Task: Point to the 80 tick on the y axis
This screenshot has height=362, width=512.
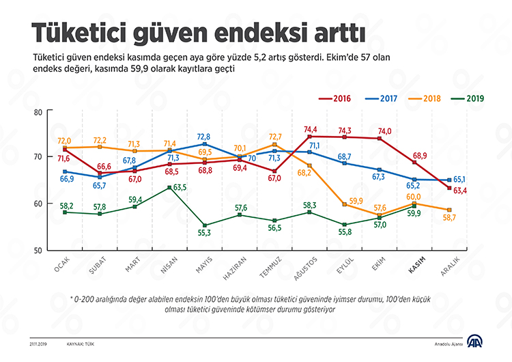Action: [38, 112]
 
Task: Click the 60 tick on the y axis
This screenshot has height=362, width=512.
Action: [38, 204]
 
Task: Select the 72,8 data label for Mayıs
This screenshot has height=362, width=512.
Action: [204, 137]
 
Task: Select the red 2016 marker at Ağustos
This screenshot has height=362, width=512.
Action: [309, 137]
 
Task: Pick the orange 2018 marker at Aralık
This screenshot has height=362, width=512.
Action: [449, 210]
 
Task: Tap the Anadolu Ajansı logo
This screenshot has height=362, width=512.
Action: [475, 342]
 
